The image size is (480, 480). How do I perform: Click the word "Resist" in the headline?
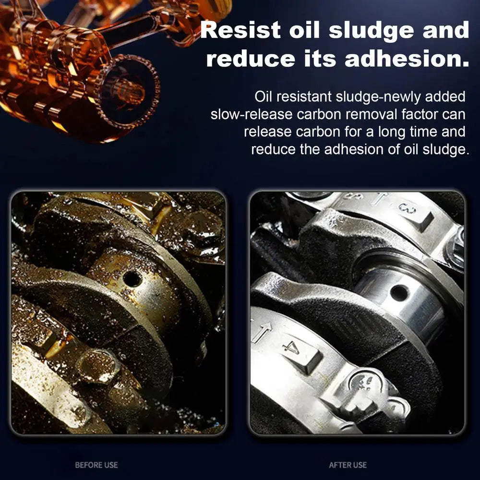click(240, 30)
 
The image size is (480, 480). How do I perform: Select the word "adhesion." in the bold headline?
click(407, 58)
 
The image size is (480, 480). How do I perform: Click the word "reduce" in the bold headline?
click(251, 58)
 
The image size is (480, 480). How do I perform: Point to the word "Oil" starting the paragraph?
click(263, 96)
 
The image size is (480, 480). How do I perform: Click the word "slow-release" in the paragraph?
click(252, 114)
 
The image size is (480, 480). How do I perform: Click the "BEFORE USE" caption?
click(96, 465)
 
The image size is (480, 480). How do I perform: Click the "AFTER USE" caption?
click(348, 465)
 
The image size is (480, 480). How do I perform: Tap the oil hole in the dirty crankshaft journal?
click(132, 279)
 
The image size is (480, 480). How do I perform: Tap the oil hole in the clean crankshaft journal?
click(399, 293)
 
